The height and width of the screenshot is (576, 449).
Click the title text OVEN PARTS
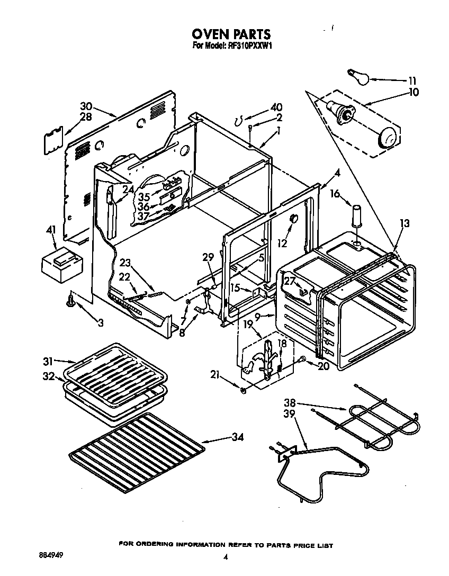tap(231, 35)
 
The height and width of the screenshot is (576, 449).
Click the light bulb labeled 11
tap(356, 76)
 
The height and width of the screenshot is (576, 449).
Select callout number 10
tap(414, 92)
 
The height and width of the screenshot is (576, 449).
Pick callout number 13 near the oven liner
tap(405, 223)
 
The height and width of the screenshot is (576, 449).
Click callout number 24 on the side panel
tap(128, 188)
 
